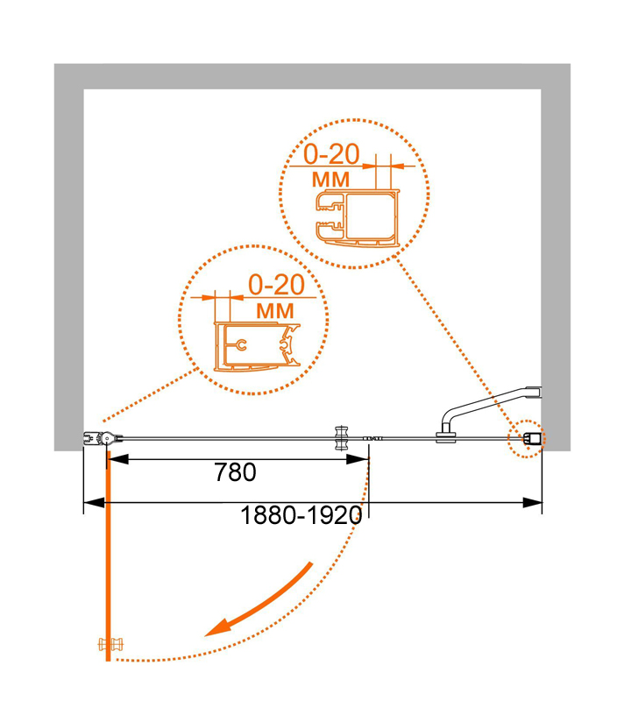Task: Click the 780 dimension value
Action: [235, 472]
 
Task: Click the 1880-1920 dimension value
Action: [301, 515]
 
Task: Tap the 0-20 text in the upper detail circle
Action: [331, 154]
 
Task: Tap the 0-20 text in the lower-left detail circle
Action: [276, 284]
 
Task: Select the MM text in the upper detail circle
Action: [330, 180]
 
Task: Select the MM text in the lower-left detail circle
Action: [275, 311]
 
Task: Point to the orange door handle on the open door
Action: [110, 644]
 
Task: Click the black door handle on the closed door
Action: [342, 438]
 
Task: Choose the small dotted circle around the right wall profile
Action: [526, 439]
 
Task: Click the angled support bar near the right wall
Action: [491, 404]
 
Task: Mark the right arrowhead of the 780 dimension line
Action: [358, 459]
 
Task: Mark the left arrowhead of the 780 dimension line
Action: [118, 459]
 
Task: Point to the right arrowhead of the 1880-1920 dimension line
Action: [532, 502]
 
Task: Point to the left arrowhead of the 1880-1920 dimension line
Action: [95, 502]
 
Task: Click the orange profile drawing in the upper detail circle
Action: [357, 218]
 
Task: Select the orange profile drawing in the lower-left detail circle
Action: [257, 346]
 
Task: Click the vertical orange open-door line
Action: [108, 556]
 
